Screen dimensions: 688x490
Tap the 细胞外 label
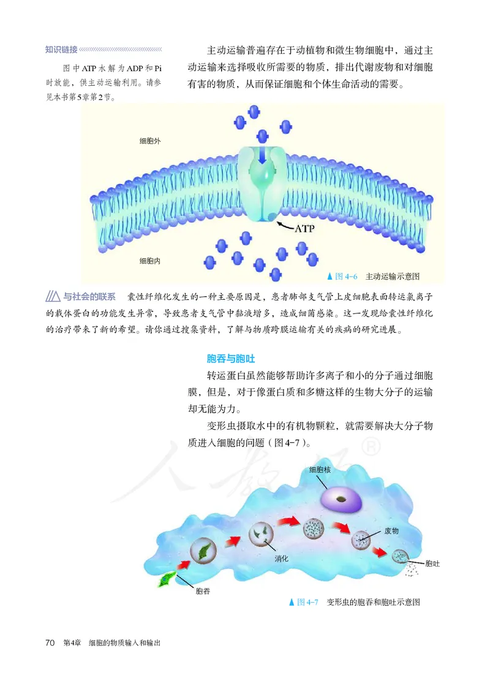pos(150,142)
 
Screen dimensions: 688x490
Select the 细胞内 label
pos(150,261)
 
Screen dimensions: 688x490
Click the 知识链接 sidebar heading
pos(61,49)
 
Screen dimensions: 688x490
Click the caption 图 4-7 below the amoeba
pos(355,602)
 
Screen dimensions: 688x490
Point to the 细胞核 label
pos(320,470)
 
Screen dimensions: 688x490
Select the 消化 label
pos(281,559)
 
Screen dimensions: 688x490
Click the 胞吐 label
pos(432,563)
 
